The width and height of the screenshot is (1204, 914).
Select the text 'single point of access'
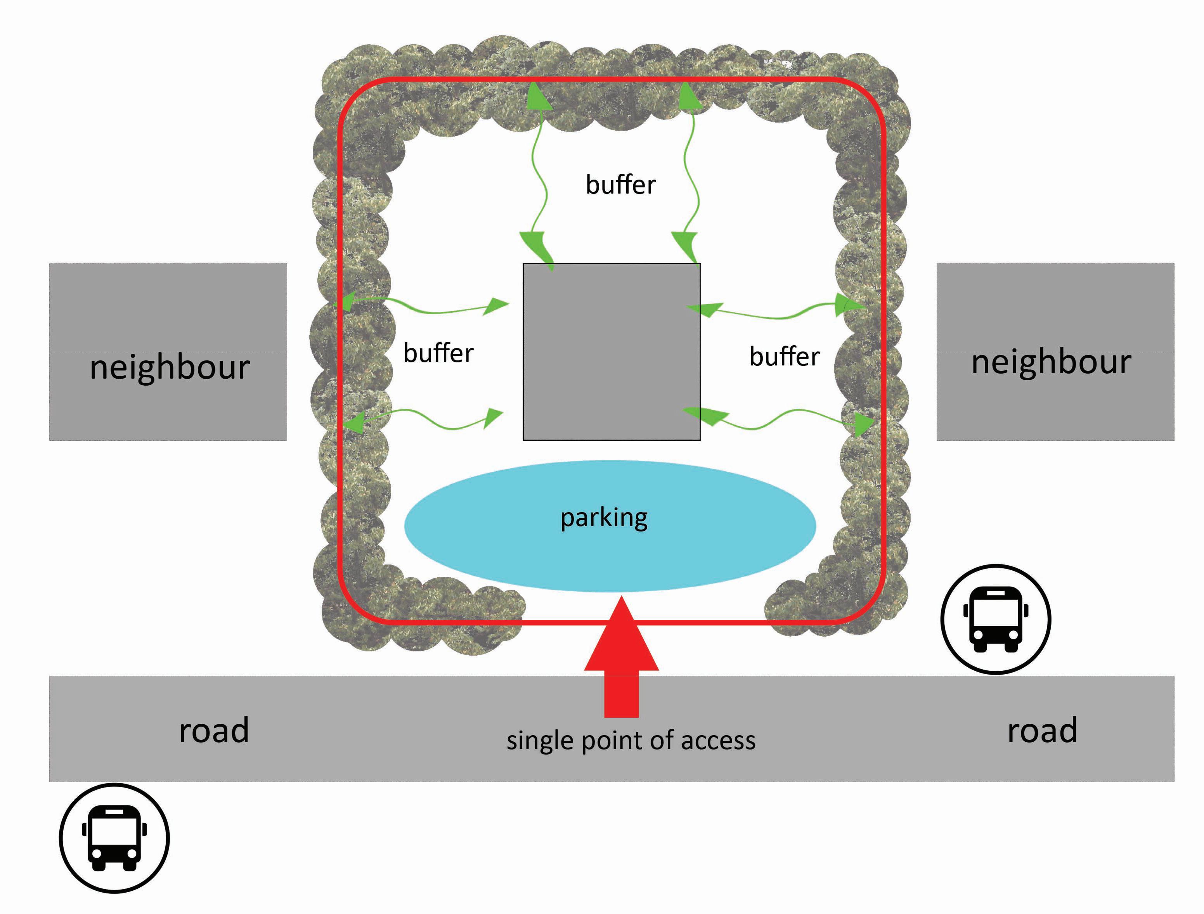click(631, 740)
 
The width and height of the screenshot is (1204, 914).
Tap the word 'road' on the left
click(214, 730)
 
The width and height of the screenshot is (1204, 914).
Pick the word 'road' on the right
click(1042, 730)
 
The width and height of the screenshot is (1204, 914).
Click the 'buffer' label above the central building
click(620, 185)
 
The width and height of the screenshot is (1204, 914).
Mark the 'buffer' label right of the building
click(784, 357)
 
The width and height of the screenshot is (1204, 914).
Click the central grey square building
click(611, 351)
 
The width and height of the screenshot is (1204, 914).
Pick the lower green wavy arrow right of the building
click(778, 419)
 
